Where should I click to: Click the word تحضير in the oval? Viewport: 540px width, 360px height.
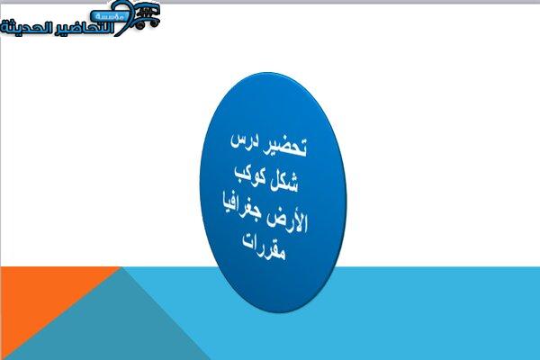[x=284, y=148]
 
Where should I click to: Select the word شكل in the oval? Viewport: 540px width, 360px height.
[x=284, y=181]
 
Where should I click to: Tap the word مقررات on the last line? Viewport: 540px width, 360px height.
[x=264, y=247]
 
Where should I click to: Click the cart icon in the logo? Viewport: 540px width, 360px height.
[x=147, y=16]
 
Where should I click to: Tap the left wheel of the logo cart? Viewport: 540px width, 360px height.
[x=139, y=25]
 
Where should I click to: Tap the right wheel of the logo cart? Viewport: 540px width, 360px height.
[x=154, y=23]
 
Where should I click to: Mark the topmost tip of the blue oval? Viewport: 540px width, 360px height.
[x=267, y=72]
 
